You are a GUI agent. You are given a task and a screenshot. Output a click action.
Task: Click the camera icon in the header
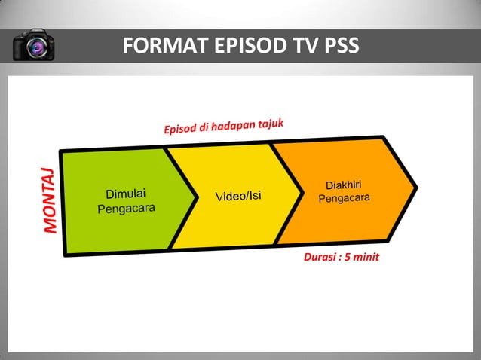point(34,46)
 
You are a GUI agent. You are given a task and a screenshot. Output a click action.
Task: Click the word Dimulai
point(125,194)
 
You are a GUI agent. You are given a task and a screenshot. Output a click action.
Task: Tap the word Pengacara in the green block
point(127,208)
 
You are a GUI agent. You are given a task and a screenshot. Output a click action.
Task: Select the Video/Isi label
point(238,197)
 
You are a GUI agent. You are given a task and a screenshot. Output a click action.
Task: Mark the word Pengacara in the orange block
point(344,198)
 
